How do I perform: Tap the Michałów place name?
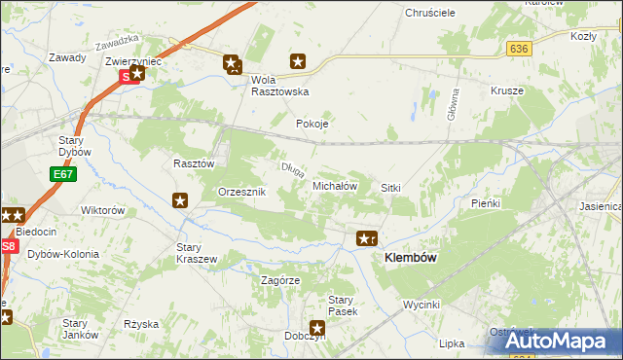[x=336, y=185]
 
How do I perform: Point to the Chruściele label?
[x=431, y=15]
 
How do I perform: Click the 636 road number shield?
[x=518, y=48]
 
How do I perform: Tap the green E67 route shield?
[x=63, y=174]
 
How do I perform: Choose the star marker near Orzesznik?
[x=181, y=201]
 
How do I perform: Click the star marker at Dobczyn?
[x=317, y=329]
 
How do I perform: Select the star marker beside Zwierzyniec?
[x=137, y=71]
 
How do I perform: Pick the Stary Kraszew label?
[x=195, y=253]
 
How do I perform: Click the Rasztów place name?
[x=194, y=164]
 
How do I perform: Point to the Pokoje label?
[x=312, y=124]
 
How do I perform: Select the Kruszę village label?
[x=507, y=90]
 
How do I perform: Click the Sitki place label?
[x=391, y=187]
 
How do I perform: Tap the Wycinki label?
[x=423, y=305]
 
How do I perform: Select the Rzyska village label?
[x=141, y=323]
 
